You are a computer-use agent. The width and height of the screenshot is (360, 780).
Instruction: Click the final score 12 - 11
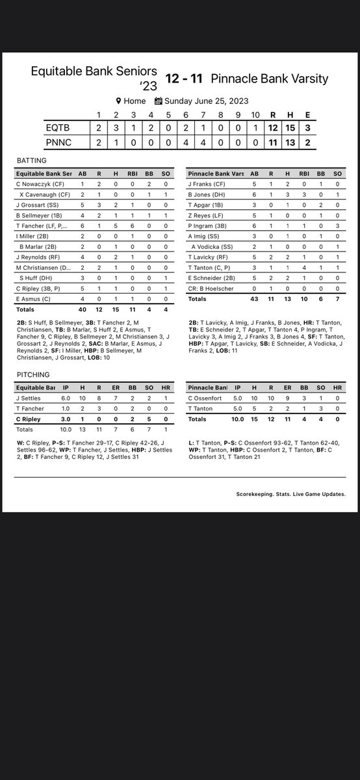point(184,79)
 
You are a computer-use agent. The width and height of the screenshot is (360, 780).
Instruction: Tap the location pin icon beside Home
point(119,101)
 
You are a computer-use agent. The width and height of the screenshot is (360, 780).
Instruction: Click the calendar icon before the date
point(159,101)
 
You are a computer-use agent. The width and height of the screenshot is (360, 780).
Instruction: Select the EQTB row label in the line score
point(57,127)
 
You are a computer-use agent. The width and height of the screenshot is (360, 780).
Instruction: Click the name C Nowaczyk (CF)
point(40,185)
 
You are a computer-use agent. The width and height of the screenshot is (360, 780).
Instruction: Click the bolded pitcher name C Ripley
point(30,419)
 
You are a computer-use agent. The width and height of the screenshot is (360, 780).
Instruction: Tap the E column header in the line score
point(307,115)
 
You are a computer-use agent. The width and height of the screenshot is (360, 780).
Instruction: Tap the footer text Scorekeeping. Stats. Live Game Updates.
point(290,494)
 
